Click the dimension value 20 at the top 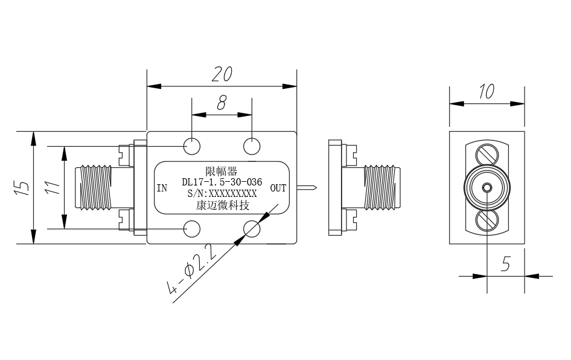(x=222, y=74)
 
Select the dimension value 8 (x=222, y=103)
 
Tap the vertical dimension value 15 (x=22, y=187)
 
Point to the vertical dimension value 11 (x=53, y=187)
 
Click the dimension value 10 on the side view (x=486, y=91)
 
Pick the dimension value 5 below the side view (x=506, y=263)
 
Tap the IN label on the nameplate (x=162, y=188)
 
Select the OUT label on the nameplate (x=278, y=188)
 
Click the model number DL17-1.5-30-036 (x=222, y=182)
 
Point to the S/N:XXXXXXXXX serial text (x=222, y=193)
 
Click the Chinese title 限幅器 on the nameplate (x=222, y=171)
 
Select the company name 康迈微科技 (x=222, y=205)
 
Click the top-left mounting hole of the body (x=192, y=147)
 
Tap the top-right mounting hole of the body (x=252, y=147)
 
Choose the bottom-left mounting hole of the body (x=192, y=229)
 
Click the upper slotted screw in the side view (x=487, y=155)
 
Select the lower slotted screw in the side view (x=487, y=221)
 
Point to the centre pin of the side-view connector (x=487, y=188)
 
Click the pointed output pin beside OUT (x=307, y=188)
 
